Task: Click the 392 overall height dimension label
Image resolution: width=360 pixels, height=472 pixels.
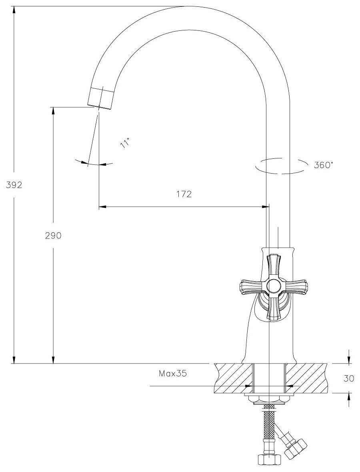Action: click(x=14, y=185)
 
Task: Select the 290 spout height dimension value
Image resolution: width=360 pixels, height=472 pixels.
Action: click(x=53, y=236)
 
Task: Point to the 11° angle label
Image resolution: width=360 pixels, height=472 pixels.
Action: click(x=125, y=142)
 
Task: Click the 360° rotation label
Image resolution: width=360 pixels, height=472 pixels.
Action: click(x=324, y=165)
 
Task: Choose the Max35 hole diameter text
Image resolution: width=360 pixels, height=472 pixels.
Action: click(x=173, y=374)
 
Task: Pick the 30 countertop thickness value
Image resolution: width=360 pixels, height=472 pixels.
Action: click(x=348, y=378)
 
